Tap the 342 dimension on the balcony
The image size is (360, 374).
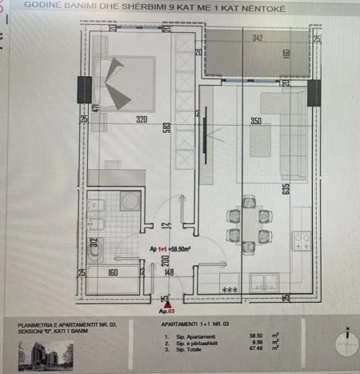tap(257, 38)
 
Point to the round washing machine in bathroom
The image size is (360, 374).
tap(130, 203)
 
